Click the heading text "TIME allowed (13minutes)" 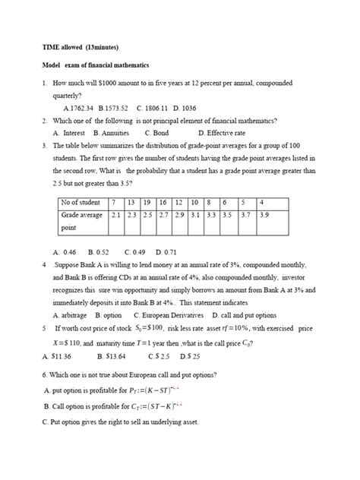tap(81, 47)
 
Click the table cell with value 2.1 tap(116, 216)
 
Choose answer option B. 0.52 tap(99, 251)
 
